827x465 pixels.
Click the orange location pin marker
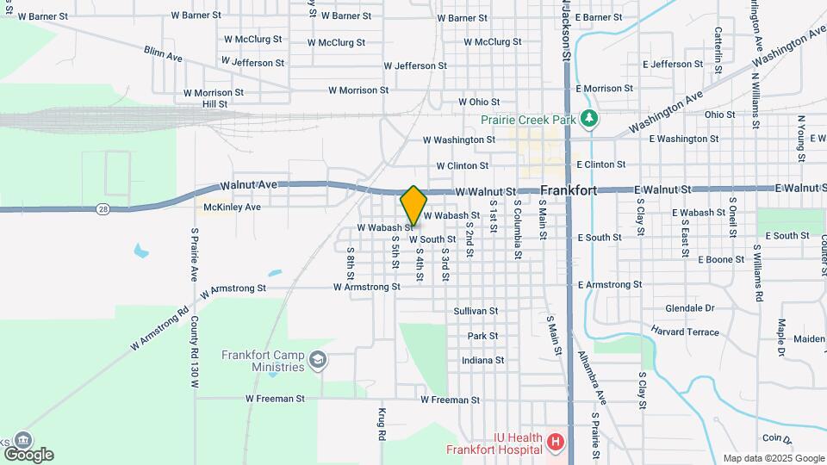point(413,205)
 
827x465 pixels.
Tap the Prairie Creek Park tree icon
point(589,119)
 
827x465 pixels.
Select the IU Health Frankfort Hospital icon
point(556,443)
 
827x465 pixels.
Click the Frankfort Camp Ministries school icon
point(318,359)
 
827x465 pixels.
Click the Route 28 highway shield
point(103,208)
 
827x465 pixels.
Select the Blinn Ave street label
point(164,53)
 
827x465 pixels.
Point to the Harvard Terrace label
point(685,332)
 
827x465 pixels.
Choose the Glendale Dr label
point(690,308)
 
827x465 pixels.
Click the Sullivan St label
point(476,310)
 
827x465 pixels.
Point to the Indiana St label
point(482,360)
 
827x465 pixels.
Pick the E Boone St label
point(721,259)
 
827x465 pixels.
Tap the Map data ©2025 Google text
point(774,458)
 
